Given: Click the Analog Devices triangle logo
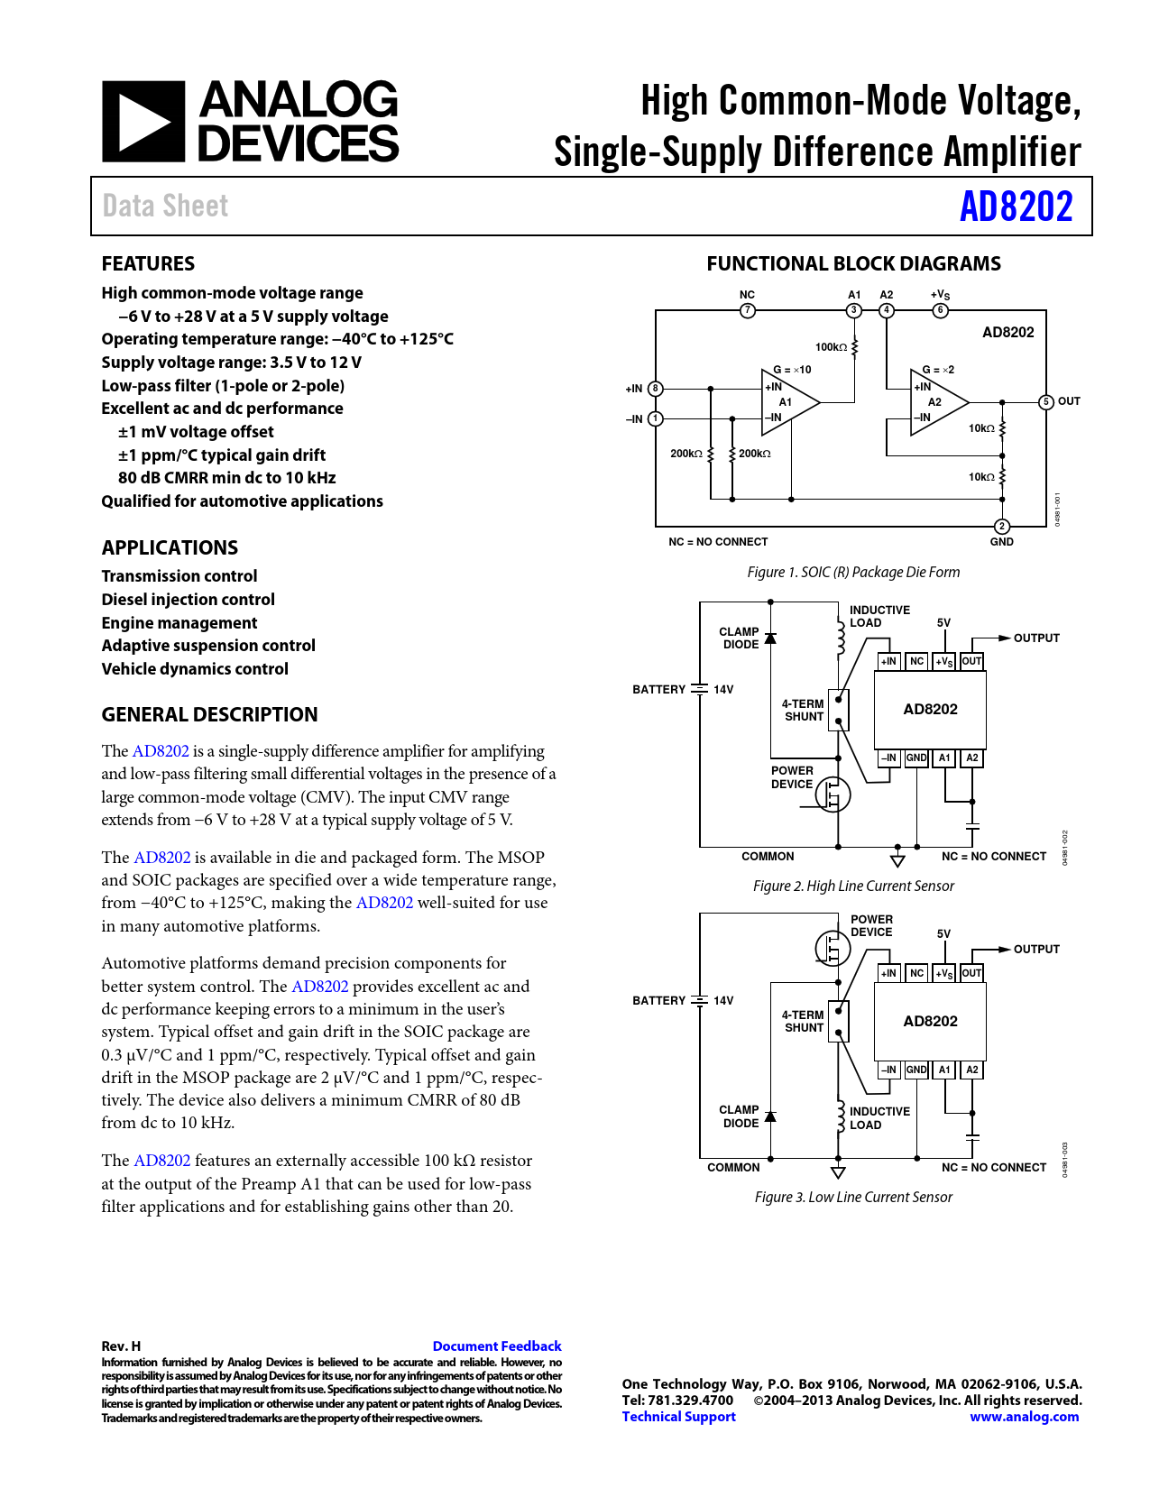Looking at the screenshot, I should click(143, 122).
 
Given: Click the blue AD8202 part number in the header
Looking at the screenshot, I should click(1016, 207).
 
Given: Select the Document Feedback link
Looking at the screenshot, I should click(496, 1346).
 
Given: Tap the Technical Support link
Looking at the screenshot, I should click(678, 1417).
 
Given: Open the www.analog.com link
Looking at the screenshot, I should click(1024, 1417).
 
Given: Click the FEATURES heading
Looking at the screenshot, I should click(148, 263).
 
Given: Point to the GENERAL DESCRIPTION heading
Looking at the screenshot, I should click(209, 714).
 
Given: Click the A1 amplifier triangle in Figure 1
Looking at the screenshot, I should click(787, 402).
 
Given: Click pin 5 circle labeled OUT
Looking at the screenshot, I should click(1046, 402).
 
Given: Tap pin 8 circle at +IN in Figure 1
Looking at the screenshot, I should click(656, 389).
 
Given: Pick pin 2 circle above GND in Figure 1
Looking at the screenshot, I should click(1001, 527).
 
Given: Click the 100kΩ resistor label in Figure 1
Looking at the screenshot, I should click(831, 347).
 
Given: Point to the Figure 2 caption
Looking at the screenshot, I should click(853, 886).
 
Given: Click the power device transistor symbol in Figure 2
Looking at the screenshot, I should click(833, 795).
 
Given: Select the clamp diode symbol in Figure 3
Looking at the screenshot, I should click(770, 1117).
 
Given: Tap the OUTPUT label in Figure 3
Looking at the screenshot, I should click(1036, 949).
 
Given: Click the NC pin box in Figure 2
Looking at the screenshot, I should click(916, 662).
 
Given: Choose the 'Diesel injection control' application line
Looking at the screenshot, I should click(188, 600).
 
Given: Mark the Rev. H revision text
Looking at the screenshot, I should click(121, 1346).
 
